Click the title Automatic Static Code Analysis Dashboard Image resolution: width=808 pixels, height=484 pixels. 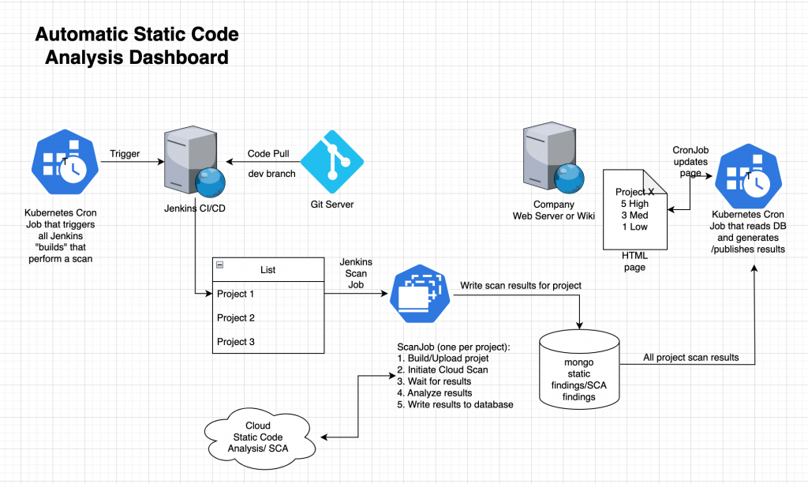click(137, 47)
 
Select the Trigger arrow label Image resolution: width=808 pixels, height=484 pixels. click(125, 154)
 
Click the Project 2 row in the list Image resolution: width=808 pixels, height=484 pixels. click(236, 317)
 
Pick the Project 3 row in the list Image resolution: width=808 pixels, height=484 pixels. click(236, 341)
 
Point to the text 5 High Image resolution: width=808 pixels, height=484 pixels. click(636, 204)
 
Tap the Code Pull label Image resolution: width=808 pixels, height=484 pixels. click(268, 154)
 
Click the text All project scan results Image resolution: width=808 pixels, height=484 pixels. click(690, 357)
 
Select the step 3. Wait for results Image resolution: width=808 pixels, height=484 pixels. click(434, 381)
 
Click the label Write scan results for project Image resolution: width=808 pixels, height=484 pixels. click(521, 284)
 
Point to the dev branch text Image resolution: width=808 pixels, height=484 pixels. click(271, 173)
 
